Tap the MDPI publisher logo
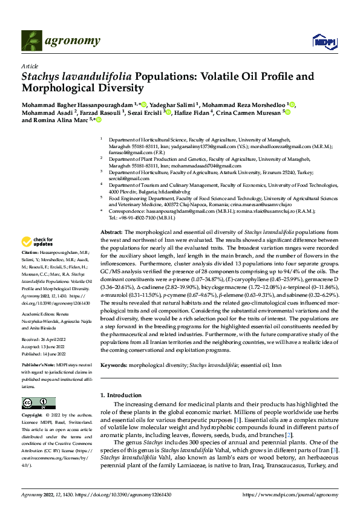(x=323, y=41)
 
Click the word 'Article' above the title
(x=30, y=65)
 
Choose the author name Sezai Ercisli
(x=148, y=112)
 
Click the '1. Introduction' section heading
(x=120, y=395)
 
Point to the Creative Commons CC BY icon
(x=34, y=403)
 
